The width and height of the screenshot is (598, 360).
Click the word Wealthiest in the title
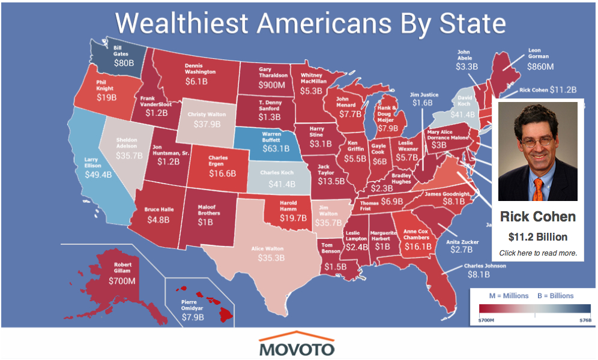(x=181, y=23)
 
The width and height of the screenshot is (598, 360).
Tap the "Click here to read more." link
(x=538, y=253)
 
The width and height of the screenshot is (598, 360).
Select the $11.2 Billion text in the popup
(x=538, y=236)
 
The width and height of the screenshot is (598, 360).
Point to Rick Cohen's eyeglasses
(x=537, y=142)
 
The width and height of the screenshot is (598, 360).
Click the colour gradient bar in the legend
(x=534, y=309)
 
